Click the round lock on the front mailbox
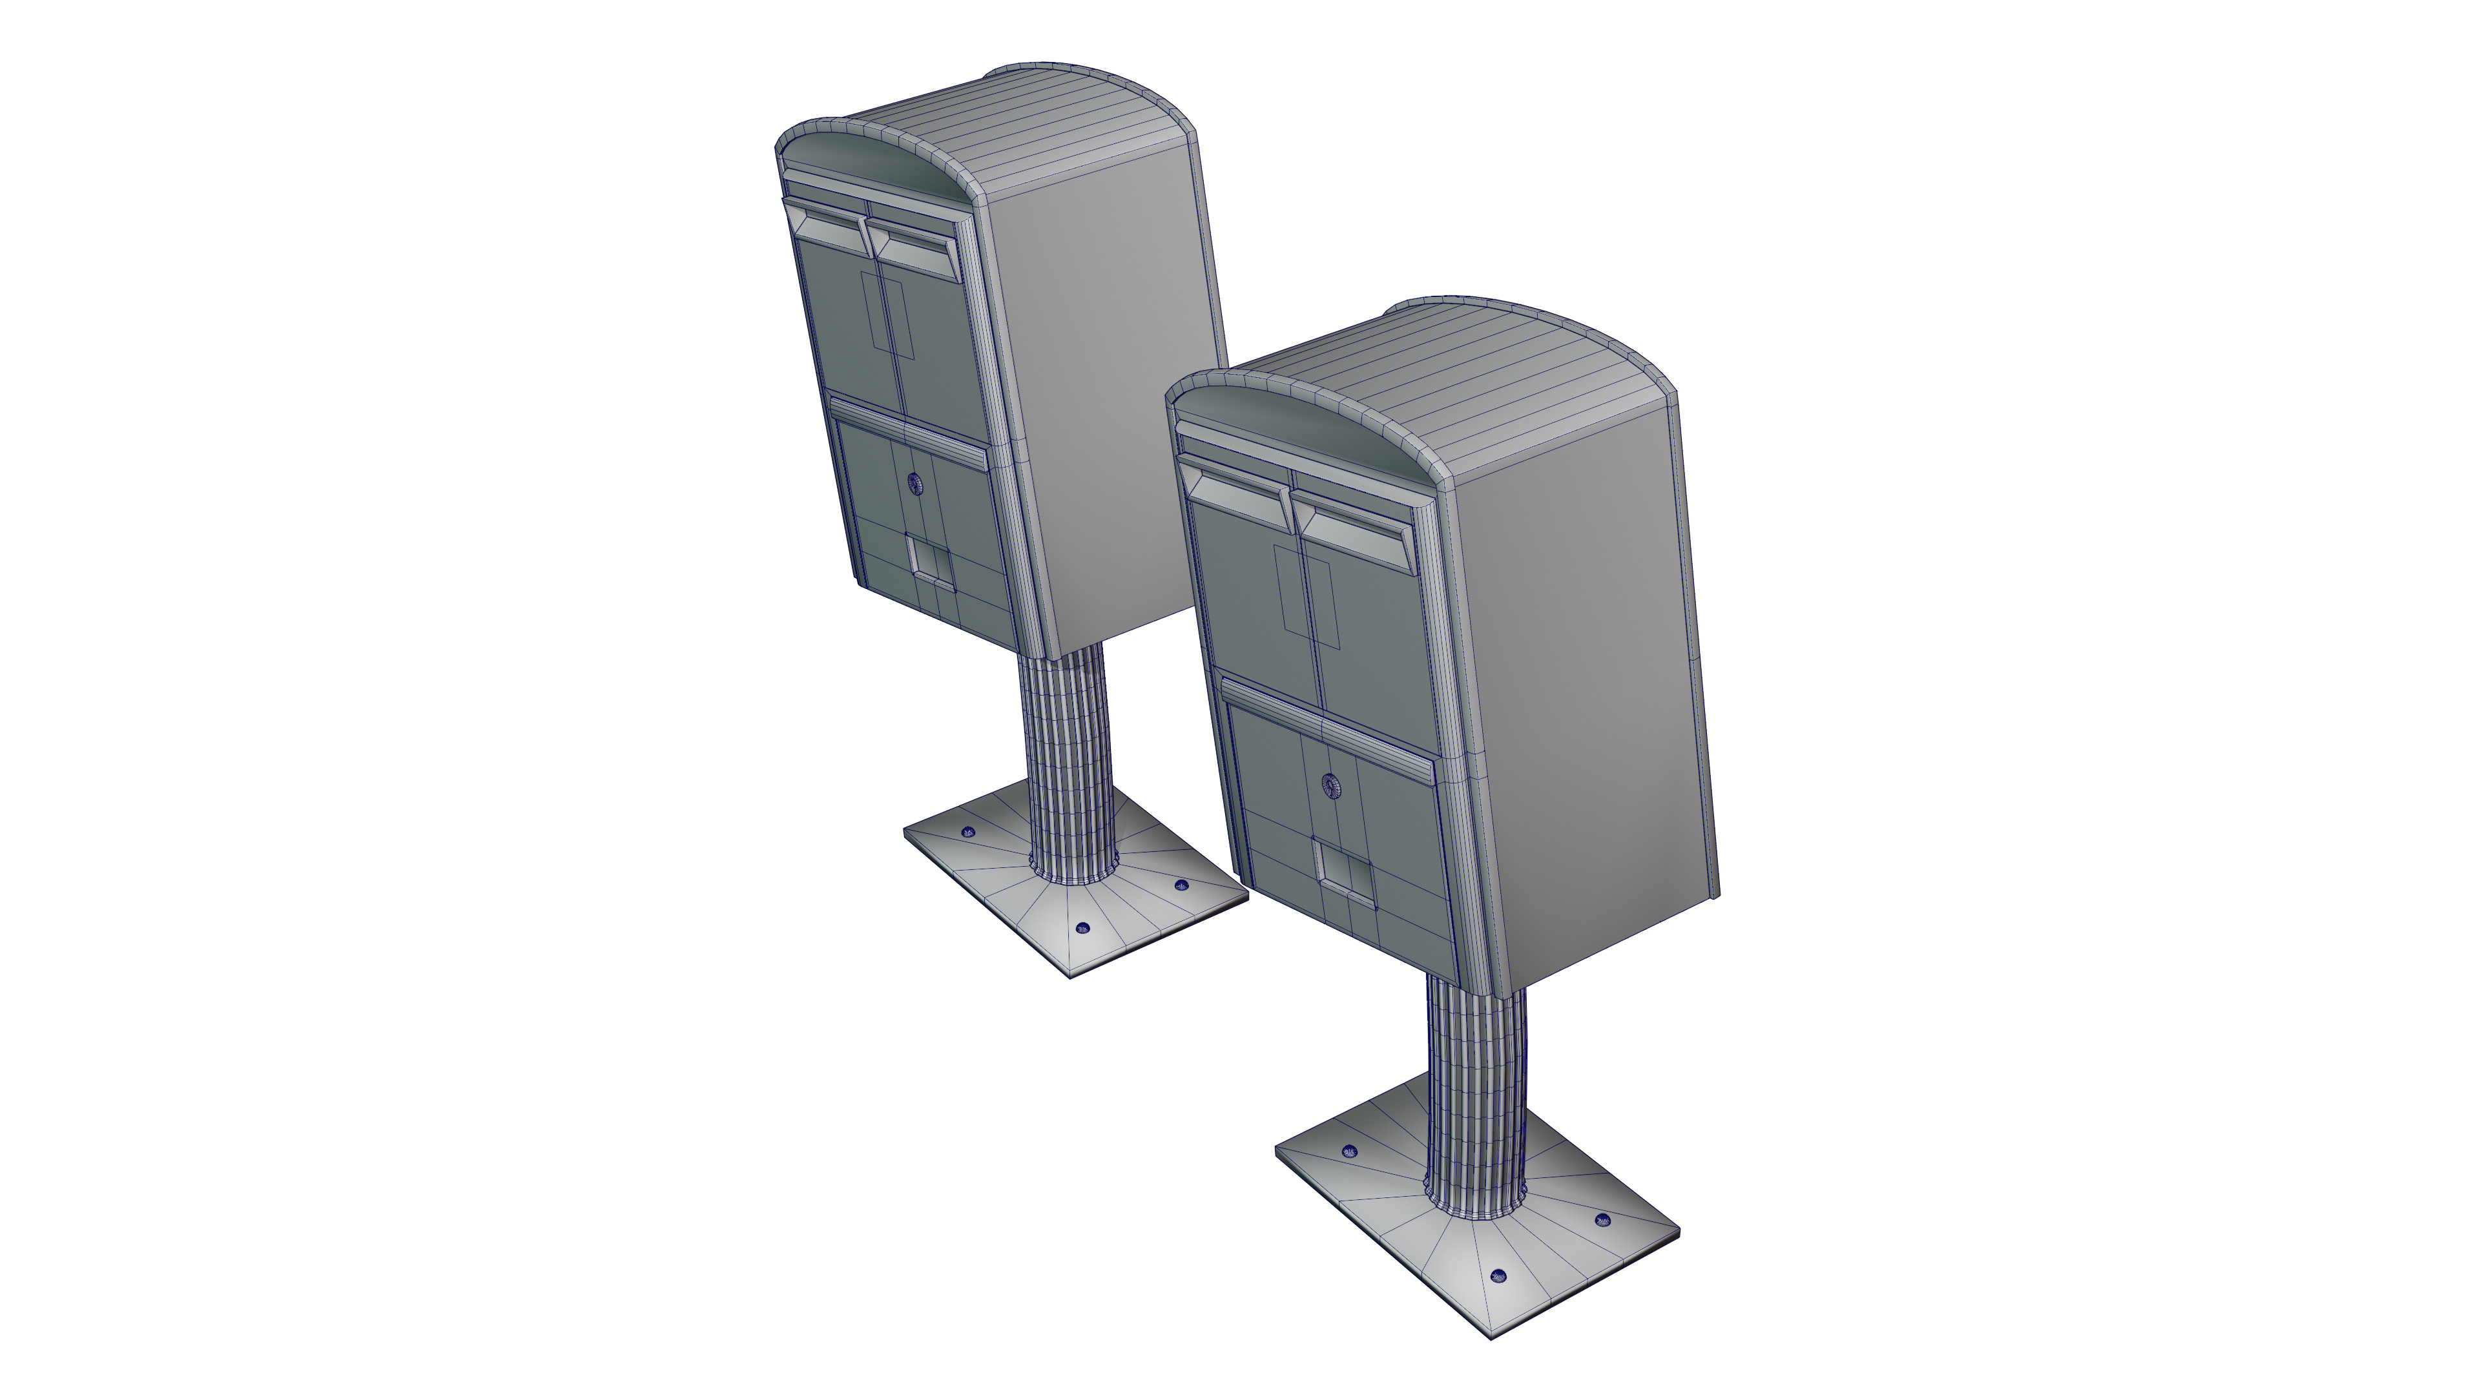pos(1330,785)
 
